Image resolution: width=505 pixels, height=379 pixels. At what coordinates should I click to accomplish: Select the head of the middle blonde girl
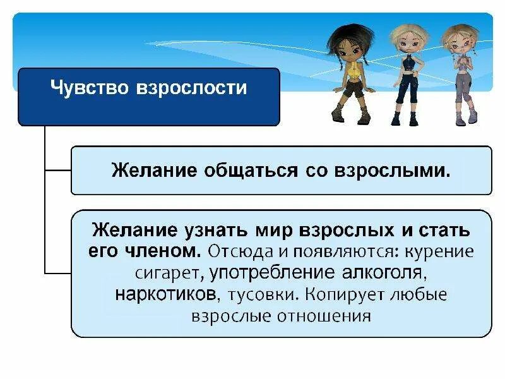coord(403,37)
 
